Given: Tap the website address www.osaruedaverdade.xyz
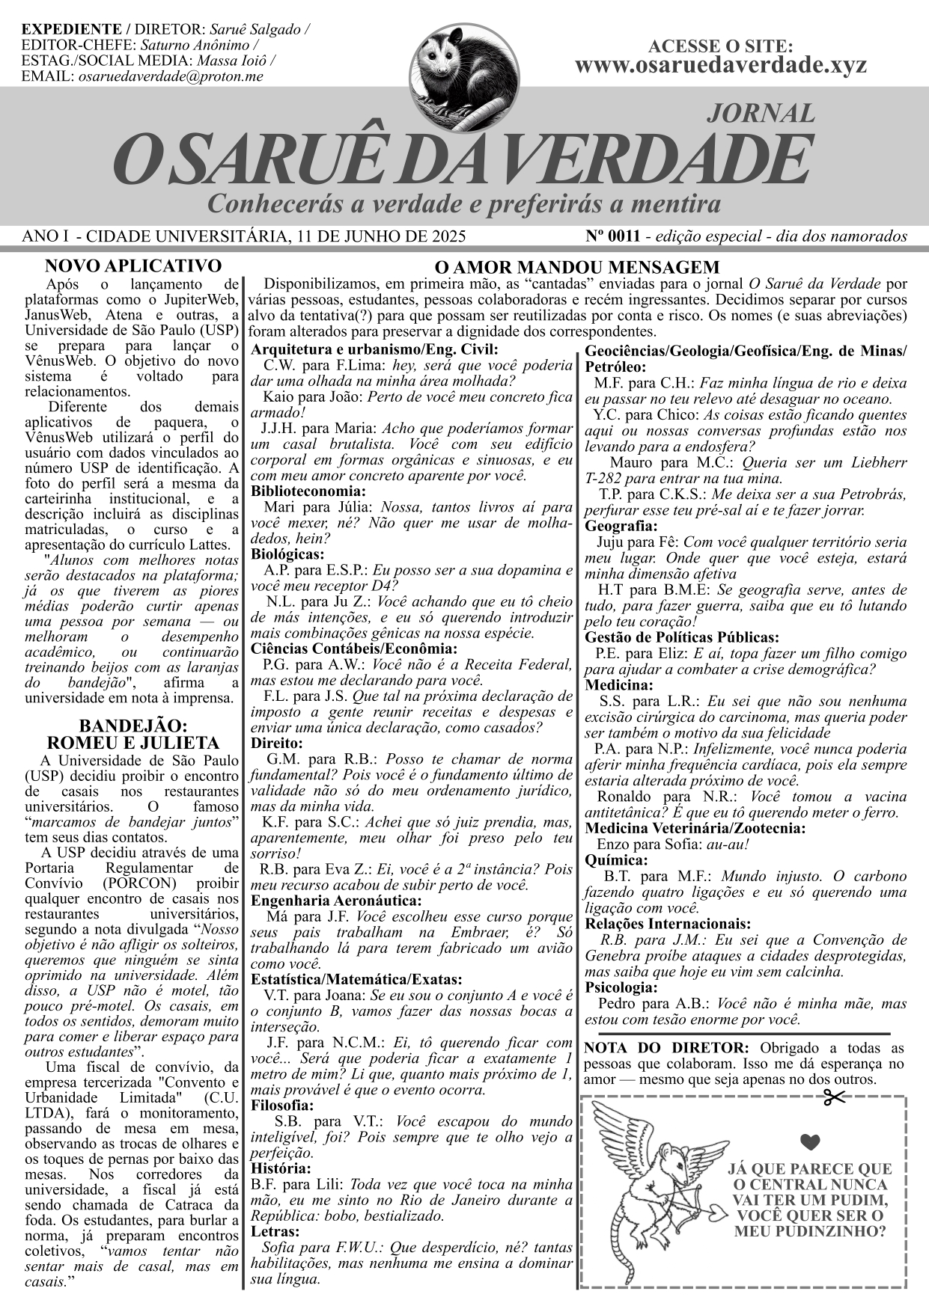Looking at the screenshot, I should [720, 65].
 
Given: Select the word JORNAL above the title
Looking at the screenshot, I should [761, 113].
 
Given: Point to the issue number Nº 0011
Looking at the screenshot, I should [613, 236].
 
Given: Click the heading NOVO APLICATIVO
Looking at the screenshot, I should [133, 266].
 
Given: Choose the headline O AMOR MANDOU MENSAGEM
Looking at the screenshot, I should [577, 267].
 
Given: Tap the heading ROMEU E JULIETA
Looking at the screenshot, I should [133, 743].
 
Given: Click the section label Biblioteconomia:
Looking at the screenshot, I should [308, 491].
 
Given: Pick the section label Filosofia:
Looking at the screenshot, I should [282, 1106].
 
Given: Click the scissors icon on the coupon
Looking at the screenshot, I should [833, 1098].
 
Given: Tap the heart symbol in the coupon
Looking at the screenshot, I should [810, 1141].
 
